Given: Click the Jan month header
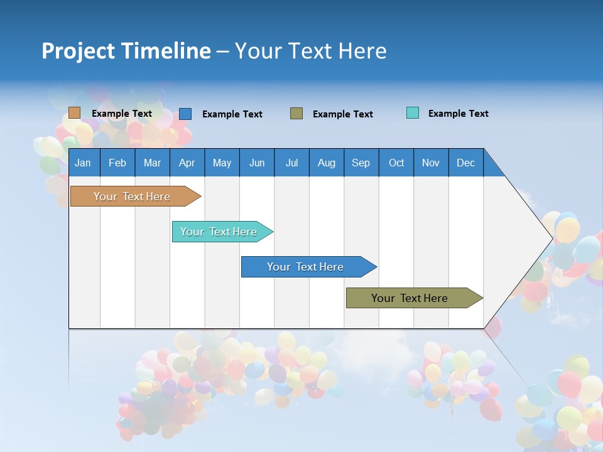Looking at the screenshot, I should click(83, 163).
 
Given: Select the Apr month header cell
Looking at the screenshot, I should click(187, 163).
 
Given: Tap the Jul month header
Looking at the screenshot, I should click(291, 163).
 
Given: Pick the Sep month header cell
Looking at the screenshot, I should click(361, 163).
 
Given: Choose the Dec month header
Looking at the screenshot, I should click(465, 163).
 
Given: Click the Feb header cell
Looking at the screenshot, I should click(117, 163).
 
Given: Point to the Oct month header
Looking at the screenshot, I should click(396, 163).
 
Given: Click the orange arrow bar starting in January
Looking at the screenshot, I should click(132, 196).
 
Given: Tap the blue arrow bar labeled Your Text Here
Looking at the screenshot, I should click(305, 267).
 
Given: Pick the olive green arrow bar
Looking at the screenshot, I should click(410, 298).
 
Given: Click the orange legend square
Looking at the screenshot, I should click(74, 113).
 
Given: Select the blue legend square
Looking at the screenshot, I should click(185, 114).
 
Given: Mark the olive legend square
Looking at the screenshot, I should click(296, 114).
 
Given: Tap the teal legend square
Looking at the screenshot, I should click(412, 113).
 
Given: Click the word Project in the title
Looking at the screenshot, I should click(79, 51).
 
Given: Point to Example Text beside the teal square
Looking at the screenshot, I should click(458, 114).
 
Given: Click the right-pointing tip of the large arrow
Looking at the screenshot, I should click(550, 238).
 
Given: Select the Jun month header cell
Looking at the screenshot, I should click(257, 163).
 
